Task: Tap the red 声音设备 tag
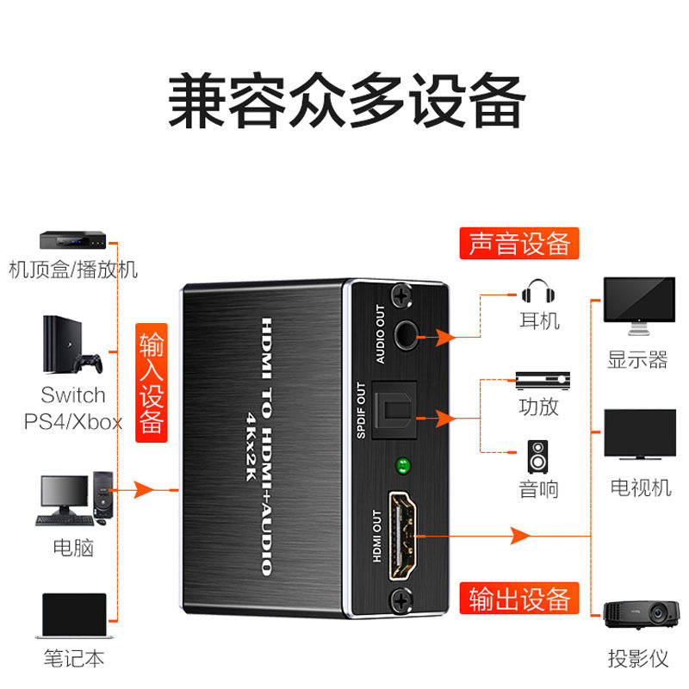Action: click(519, 244)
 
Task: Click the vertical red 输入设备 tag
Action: click(152, 382)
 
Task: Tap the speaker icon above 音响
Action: click(538, 457)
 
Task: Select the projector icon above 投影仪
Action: click(638, 613)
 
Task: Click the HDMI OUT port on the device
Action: click(401, 534)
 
